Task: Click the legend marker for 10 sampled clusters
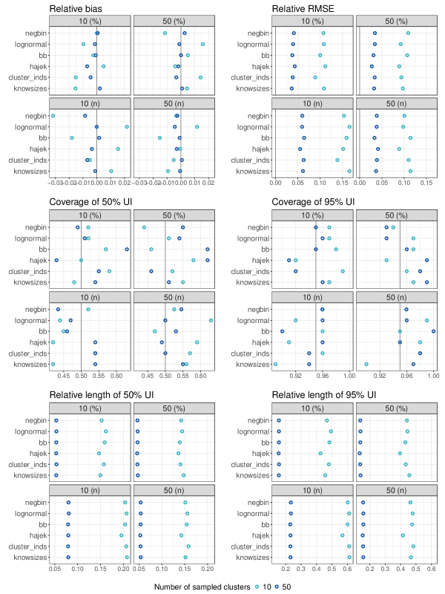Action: pyautogui.click(x=257, y=587)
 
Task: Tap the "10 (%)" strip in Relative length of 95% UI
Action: pyautogui.click(x=312, y=408)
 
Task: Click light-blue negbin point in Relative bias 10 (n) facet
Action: pyautogui.click(x=53, y=116)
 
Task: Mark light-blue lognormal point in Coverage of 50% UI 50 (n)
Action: pyautogui.click(x=211, y=320)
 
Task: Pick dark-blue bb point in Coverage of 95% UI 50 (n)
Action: pyautogui.click(x=433, y=330)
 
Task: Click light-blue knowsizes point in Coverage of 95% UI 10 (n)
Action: pyautogui.click(x=275, y=364)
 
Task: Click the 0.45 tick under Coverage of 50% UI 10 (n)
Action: pyautogui.click(x=63, y=374)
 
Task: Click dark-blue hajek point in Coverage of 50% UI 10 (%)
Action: pyautogui.click(x=56, y=260)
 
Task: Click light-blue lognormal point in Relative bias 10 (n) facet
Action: pyautogui.click(x=127, y=127)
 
